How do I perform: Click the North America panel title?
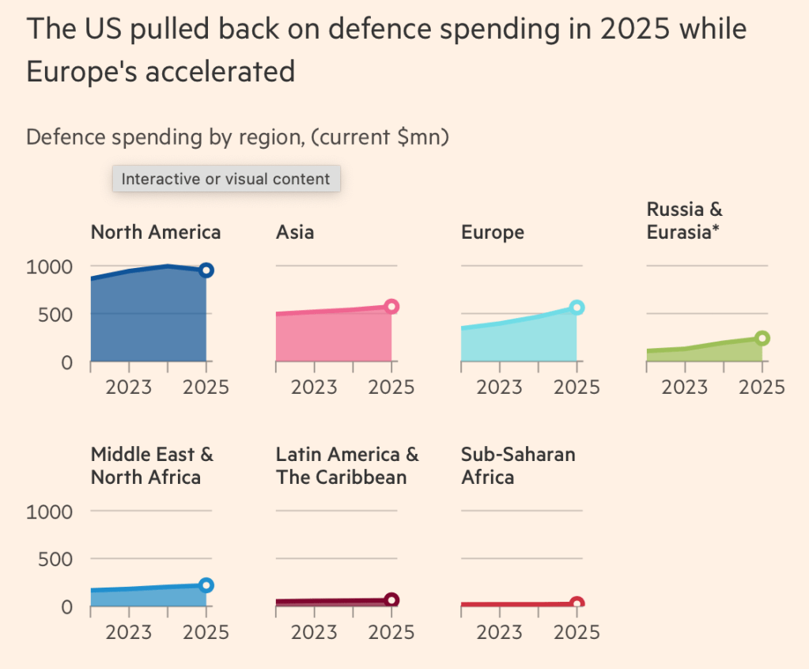coord(156,232)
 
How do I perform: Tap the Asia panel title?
coord(295,232)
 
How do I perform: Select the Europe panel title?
coord(493,232)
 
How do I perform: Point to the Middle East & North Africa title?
coord(152,466)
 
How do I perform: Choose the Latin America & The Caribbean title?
coord(347,466)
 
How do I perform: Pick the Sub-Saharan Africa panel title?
coord(518,466)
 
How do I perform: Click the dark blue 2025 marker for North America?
coord(206,270)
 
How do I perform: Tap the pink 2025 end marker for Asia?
coord(391,307)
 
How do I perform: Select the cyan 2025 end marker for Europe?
coord(577,308)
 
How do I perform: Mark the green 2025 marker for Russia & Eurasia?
coord(762,338)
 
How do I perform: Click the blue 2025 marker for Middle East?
coord(206,586)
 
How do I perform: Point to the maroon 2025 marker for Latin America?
coord(391,600)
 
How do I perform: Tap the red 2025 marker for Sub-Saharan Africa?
coord(577,604)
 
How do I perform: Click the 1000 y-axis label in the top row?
coord(49,266)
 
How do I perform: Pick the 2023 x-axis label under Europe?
coord(499,387)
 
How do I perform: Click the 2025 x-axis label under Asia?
coord(391,387)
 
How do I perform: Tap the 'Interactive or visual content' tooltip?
coord(226,179)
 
